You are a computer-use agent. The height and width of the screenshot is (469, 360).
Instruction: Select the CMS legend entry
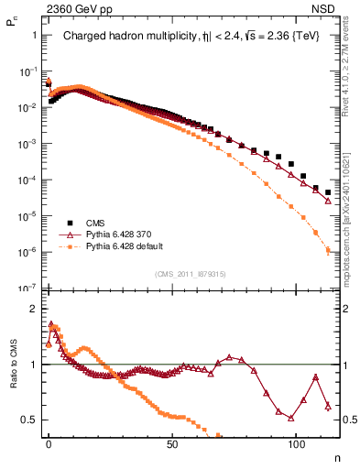point(95,223)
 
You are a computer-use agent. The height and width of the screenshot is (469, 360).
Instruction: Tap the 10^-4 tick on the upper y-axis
point(28,180)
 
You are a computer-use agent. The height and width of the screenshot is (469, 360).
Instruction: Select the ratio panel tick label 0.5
point(29,420)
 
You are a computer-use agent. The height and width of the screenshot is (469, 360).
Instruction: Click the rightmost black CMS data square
point(328,192)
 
